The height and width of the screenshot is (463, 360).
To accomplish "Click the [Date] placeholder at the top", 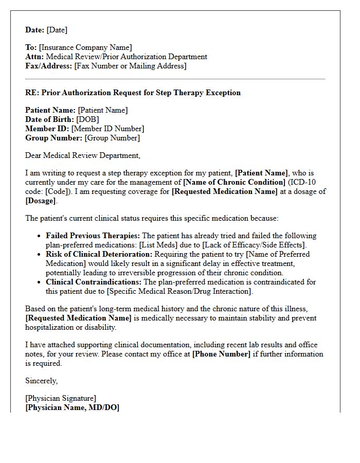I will tap(57, 30).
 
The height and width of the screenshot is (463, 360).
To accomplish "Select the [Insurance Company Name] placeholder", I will tap(85, 48).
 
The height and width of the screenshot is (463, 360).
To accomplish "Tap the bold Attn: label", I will tap(34, 57).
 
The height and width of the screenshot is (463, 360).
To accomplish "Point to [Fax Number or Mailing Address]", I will tap(130, 66).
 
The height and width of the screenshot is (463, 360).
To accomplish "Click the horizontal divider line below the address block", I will tap(175, 79).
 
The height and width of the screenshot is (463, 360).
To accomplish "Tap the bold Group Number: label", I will tap(53, 138).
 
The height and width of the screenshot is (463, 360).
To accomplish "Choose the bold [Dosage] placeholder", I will tap(41, 201).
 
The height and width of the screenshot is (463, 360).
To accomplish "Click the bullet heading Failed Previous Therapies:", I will tap(93, 236).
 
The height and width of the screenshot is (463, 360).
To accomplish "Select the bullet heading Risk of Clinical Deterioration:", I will tap(99, 254).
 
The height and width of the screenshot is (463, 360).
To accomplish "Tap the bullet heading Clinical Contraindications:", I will tap(94, 282).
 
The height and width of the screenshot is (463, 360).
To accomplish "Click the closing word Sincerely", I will tap(41, 381).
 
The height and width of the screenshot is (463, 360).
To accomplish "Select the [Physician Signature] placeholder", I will tap(61, 399).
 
